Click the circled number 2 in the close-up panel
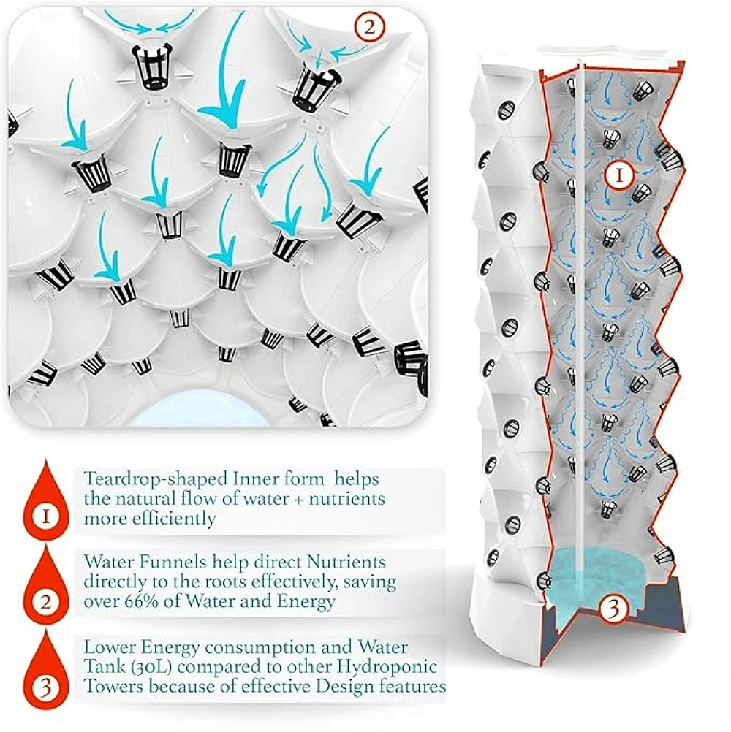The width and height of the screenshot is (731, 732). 368,28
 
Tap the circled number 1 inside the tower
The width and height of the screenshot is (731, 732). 618,175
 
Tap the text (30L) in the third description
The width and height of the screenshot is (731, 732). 144,666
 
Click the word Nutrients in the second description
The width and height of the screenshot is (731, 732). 347,563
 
